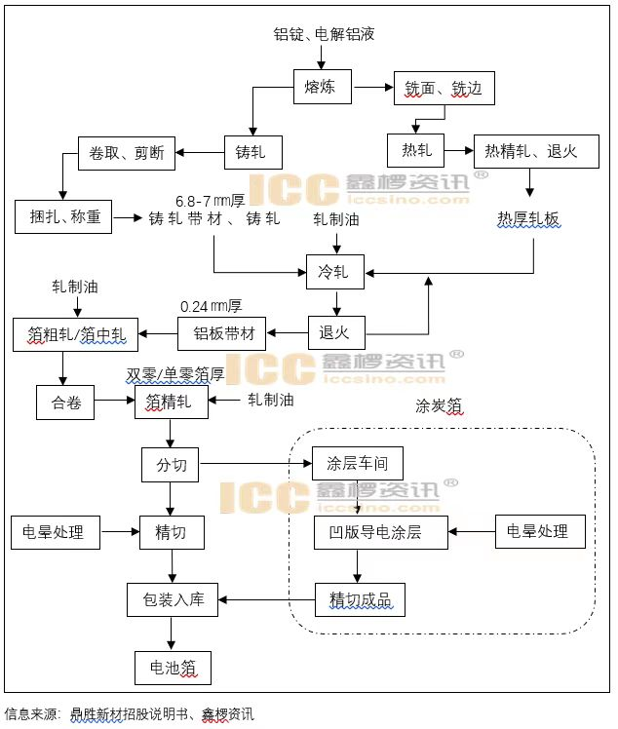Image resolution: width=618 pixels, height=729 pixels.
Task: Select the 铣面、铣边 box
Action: pyautogui.click(x=444, y=90)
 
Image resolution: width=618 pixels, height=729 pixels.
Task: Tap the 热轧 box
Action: pyautogui.click(x=416, y=151)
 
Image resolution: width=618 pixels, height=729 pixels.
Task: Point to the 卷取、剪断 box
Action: pyautogui.click(x=127, y=153)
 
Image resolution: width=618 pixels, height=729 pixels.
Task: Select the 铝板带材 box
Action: pyautogui.click(x=222, y=334)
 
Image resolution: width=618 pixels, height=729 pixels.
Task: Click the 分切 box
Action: pyautogui.click(x=172, y=465)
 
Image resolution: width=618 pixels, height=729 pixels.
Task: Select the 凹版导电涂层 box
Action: pyautogui.click(x=381, y=532)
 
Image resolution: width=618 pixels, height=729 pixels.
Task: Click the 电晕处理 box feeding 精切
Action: pyautogui.click(x=54, y=532)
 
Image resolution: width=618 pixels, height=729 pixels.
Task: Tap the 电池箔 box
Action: pyautogui.click(x=173, y=668)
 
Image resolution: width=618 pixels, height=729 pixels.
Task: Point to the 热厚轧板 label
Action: pyautogui.click(x=529, y=219)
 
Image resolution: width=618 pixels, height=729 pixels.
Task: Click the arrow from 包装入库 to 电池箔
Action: pyautogui.click(x=173, y=633)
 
